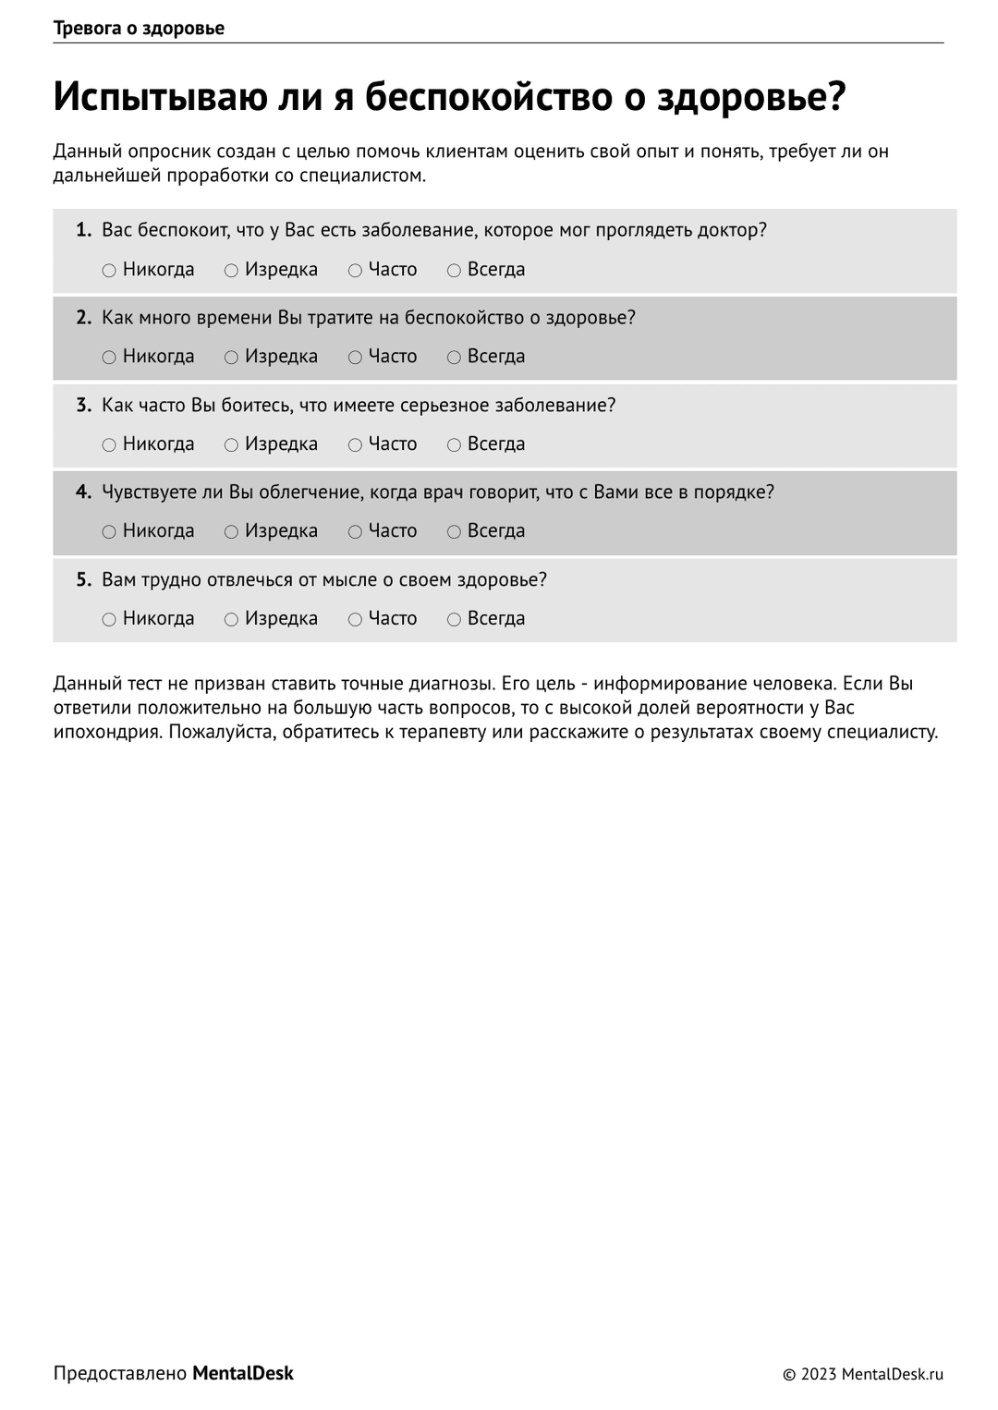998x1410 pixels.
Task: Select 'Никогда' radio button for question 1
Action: tap(109, 271)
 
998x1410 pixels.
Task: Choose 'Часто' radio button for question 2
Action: tap(355, 358)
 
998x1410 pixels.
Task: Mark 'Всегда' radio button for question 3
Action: tap(454, 445)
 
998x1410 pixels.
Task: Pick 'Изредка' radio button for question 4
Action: tap(231, 532)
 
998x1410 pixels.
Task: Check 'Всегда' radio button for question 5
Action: tap(454, 620)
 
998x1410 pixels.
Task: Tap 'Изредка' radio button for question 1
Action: tap(231, 271)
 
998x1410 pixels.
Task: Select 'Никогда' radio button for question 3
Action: tap(109, 445)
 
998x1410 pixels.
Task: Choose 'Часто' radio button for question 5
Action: tap(355, 620)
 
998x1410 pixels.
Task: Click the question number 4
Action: tap(83, 492)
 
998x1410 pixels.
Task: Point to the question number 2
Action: tap(83, 318)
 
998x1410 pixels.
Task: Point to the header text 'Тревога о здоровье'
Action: tap(139, 29)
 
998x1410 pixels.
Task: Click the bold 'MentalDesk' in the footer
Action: tap(242, 1374)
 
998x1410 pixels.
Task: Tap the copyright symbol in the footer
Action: tap(789, 1375)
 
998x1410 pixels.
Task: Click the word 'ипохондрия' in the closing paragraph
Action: tap(107, 732)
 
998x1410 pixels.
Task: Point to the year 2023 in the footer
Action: tap(819, 1375)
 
